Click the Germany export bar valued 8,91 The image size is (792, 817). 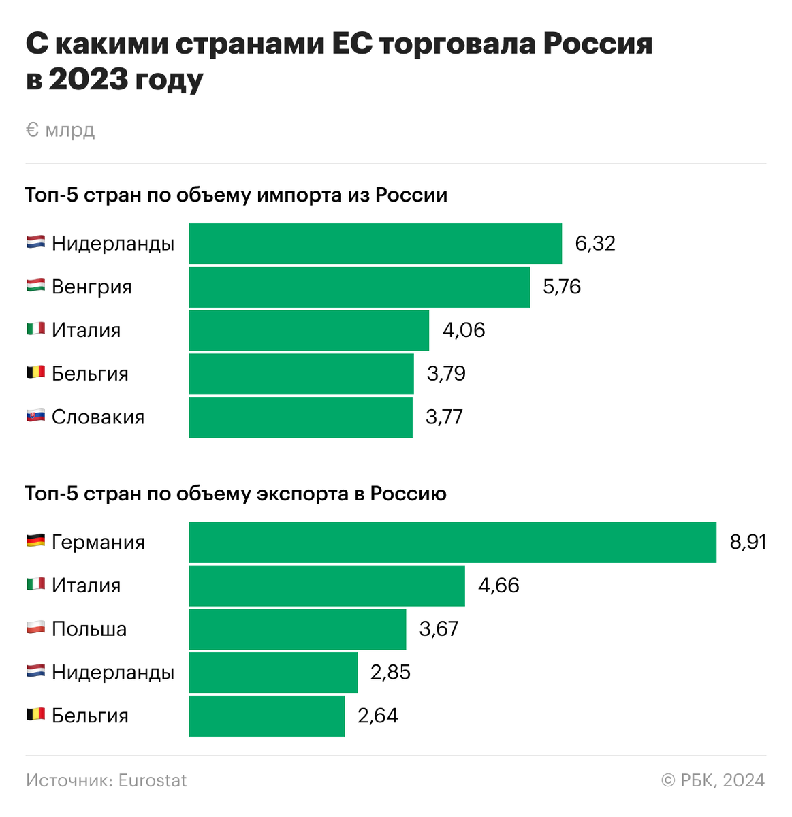click(452, 543)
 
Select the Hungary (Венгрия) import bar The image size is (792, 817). click(359, 287)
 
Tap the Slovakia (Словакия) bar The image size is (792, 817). click(300, 417)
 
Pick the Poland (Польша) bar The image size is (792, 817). click(297, 629)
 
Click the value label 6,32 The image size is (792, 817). click(595, 244)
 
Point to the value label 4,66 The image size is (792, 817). click(498, 586)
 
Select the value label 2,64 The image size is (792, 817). click(377, 716)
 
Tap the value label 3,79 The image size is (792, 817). click(446, 374)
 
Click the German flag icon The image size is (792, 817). click(35, 541)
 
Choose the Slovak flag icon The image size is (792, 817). click(35, 416)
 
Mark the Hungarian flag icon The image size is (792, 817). click(35, 286)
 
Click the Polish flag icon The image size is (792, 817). click(35, 628)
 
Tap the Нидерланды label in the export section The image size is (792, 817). click(113, 673)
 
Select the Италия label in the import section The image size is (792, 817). click(86, 331)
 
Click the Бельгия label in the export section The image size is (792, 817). click(90, 716)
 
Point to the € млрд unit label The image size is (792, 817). click(60, 130)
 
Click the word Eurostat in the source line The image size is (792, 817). click(152, 780)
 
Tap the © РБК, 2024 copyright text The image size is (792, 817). click(712, 780)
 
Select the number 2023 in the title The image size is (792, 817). click(89, 80)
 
